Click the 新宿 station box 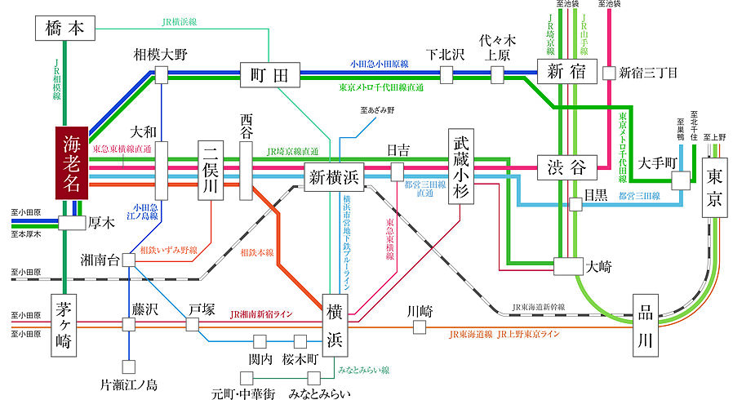pos(566,71)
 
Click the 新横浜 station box pos(332,176)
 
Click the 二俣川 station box pos(211,170)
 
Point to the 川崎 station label pos(420,311)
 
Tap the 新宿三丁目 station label pos(649,73)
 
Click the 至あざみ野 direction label pos(376,109)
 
